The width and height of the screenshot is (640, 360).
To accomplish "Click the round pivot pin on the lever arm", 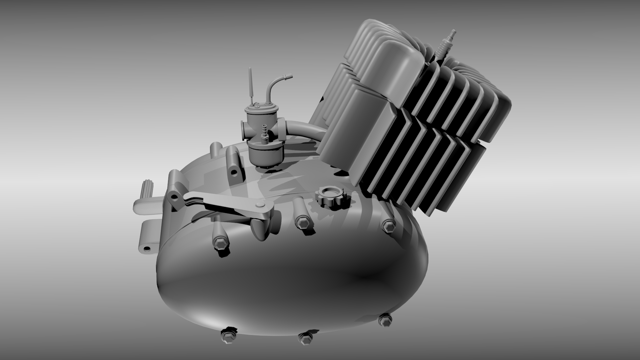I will coord(259,205).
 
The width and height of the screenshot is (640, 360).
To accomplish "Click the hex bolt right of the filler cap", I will coord(387,226).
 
